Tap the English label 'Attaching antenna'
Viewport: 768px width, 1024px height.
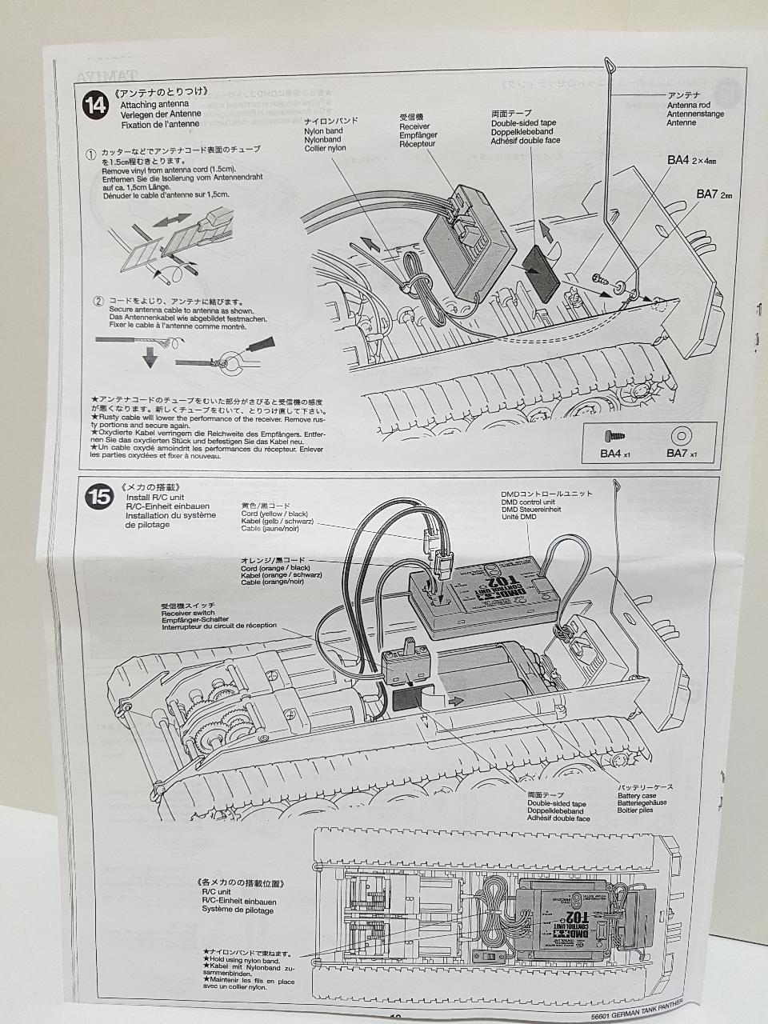pos(154,105)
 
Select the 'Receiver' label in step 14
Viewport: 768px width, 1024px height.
pos(414,126)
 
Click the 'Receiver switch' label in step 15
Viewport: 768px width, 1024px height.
pos(187,613)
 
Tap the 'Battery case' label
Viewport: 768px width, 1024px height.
pos(637,795)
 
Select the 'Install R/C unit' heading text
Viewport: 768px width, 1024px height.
pos(156,497)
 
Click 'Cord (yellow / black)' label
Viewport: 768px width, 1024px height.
pos(274,514)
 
